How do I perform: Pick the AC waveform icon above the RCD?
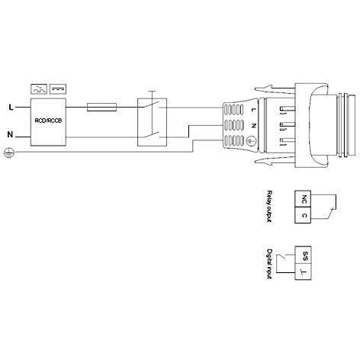click(x=38, y=88)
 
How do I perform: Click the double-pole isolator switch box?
click(x=150, y=121)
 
